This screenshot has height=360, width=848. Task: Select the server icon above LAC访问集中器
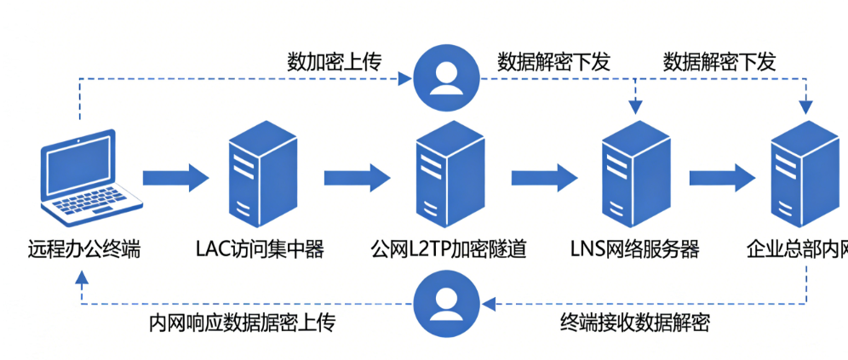[263, 174]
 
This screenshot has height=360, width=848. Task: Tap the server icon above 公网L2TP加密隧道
[450, 174]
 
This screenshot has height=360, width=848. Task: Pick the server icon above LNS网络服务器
[637, 174]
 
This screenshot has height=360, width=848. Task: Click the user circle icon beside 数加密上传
[446, 78]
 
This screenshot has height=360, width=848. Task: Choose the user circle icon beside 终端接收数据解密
[446, 303]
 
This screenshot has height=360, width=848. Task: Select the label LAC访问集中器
[261, 250]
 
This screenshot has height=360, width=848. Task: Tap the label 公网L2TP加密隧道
[449, 250]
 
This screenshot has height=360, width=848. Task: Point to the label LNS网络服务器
[635, 250]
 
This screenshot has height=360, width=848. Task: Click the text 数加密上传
[335, 62]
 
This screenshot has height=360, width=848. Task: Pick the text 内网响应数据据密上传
[243, 323]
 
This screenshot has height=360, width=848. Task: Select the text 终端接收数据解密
[635, 323]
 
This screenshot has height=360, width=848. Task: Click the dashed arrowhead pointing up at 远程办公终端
[81, 277]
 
